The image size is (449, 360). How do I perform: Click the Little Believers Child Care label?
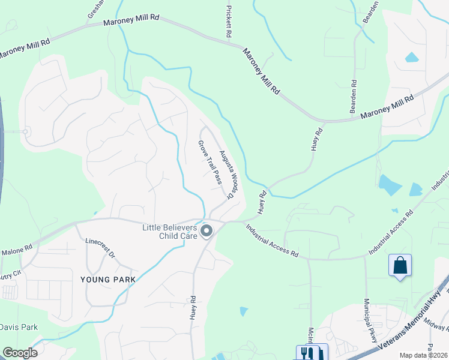tap(170, 231)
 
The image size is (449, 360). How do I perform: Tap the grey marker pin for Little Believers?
tap(206, 230)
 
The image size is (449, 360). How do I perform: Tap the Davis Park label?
tap(19, 327)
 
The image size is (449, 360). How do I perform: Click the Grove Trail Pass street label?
tap(210, 162)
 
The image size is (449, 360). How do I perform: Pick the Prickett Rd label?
tap(229, 22)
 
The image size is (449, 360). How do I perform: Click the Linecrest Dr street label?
tap(100, 247)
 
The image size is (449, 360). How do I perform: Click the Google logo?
tap(20, 353)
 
